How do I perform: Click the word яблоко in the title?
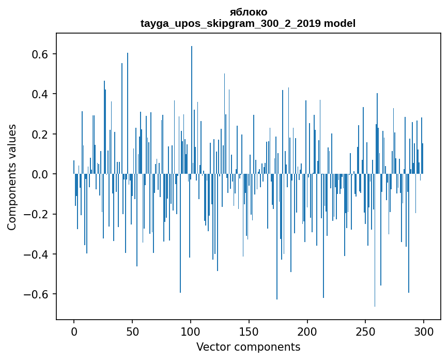click(248, 12)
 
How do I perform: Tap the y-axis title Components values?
click(12, 177)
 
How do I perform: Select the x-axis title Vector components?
click(248, 347)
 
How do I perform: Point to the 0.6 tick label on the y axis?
click(38, 55)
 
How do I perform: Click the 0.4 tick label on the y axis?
click(38, 95)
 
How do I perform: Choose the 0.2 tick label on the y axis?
click(38, 134)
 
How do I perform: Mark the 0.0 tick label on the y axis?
click(38, 174)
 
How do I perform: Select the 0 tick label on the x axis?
click(74, 331)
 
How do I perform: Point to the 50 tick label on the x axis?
click(132, 331)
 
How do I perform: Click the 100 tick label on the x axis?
click(191, 331)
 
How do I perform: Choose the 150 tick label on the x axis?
click(249, 331)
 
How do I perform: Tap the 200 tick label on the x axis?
click(307, 331)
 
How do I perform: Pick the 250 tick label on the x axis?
click(366, 331)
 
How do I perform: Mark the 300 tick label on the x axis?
click(424, 331)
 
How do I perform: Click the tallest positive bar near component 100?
click(192, 103)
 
